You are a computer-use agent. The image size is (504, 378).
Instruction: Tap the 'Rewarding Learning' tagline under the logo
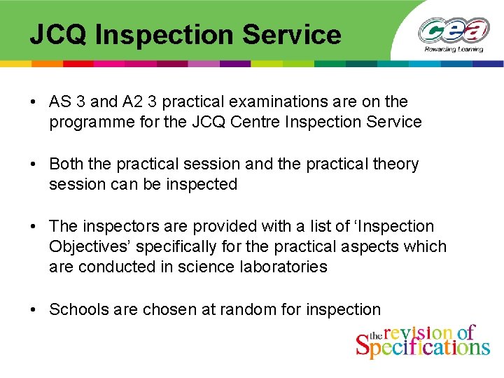454,50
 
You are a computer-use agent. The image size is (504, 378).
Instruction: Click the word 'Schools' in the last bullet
77,309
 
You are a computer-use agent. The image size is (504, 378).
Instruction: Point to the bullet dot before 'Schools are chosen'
33,309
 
